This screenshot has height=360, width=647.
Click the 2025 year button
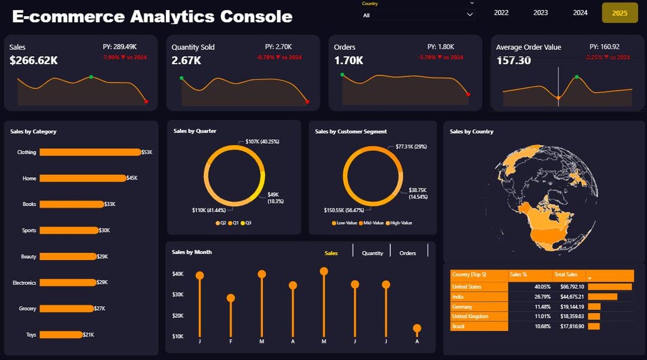[x=619, y=13]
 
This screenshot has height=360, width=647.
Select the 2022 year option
[x=501, y=13]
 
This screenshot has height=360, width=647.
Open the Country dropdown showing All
[x=418, y=15]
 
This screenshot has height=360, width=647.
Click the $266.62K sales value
[x=34, y=60]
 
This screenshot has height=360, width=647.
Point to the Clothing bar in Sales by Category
[x=89, y=152]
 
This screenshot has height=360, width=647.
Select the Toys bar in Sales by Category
[x=61, y=335]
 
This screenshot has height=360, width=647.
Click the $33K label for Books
[x=110, y=204]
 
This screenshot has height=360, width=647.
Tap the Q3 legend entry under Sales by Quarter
[x=246, y=223]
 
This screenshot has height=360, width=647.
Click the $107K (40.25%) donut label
[x=262, y=141]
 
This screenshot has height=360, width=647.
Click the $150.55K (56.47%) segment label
[x=344, y=211]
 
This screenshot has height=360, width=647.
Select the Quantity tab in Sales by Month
[x=372, y=253]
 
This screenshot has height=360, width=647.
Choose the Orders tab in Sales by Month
[x=407, y=253]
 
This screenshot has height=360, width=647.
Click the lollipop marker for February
[x=231, y=298]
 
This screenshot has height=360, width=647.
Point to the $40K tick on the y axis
[x=177, y=274]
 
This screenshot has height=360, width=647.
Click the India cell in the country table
[x=459, y=297]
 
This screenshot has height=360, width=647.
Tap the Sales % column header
[x=518, y=274]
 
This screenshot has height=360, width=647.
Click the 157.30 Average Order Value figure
[x=513, y=60]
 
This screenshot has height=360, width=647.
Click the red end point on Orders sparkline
[x=468, y=94]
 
